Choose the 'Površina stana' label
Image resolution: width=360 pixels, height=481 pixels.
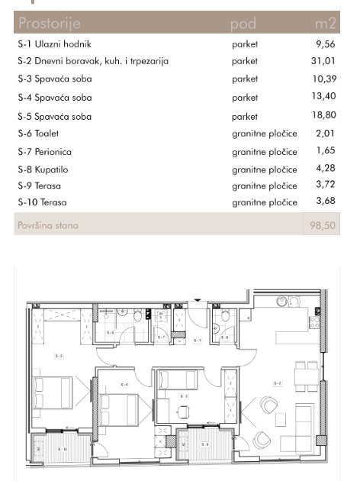47,225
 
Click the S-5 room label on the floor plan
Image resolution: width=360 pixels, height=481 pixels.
59,356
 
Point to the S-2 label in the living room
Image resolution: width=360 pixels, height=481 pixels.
278,383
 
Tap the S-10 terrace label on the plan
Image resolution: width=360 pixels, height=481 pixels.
63,449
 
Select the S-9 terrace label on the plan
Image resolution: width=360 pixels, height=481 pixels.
204,444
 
